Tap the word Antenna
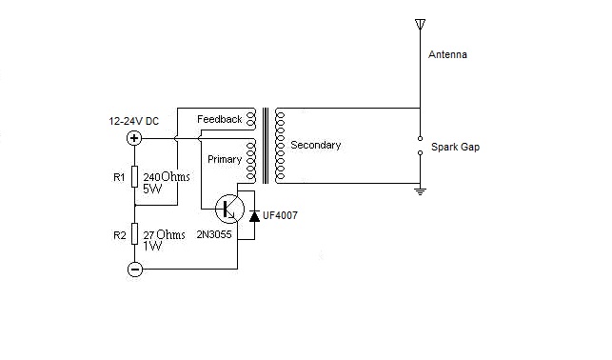[x=447, y=55]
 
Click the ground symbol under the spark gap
[x=418, y=190]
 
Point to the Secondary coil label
[x=315, y=145]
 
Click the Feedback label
[x=219, y=119]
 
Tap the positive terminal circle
[x=133, y=139]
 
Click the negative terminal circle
[x=133, y=270]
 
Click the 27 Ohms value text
[x=164, y=234]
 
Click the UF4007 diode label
[x=283, y=216]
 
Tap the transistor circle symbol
[x=228, y=209]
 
